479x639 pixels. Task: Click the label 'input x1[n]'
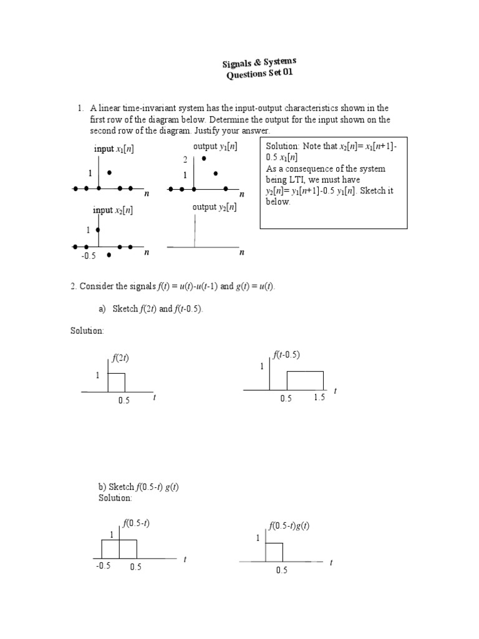tap(114, 149)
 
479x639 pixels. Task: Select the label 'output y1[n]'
tap(215, 147)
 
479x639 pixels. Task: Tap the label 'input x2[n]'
tap(114, 210)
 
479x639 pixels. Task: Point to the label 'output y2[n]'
tap(215, 207)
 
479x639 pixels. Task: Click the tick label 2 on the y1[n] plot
tap(185, 160)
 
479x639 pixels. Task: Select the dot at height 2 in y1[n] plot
tap(204, 159)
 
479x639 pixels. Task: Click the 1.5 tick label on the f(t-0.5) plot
tap(319, 399)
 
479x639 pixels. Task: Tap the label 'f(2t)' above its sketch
tap(120, 358)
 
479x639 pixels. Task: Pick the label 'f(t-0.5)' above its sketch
tap(286, 354)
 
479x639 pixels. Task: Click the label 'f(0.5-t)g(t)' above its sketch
tap(289, 525)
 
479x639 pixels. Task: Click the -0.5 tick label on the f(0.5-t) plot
tap(103, 567)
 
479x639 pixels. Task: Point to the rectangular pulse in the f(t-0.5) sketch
tap(305, 381)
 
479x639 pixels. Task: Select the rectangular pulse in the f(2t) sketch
tap(117, 383)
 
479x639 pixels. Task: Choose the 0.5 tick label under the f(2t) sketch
tap(123, 401)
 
